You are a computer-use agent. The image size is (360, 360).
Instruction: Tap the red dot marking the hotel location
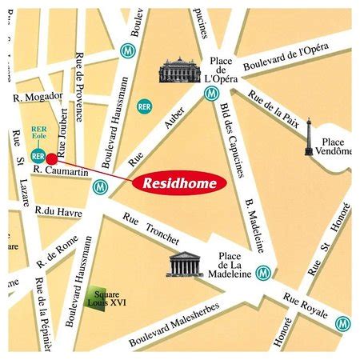click(52, 158)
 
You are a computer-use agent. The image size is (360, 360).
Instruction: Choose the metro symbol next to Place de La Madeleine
click(264, 273)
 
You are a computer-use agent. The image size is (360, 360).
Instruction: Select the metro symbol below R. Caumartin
click(99, 186)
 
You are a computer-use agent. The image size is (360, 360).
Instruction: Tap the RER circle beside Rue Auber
click(144, 106)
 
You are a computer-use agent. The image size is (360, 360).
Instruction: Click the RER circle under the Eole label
click(37, 155)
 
